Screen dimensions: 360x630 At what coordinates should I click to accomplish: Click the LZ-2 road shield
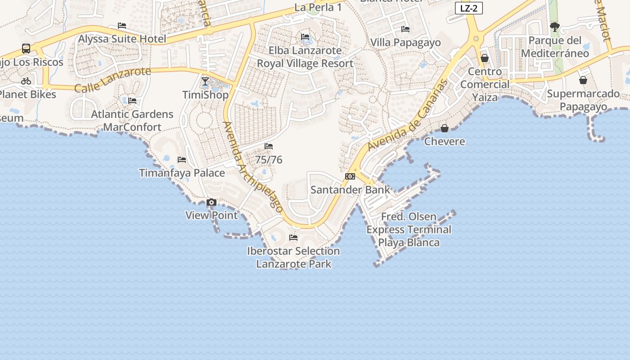pyautogui.click(x=468, y=8)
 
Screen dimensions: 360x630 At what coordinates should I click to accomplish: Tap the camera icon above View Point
pyautogui.click(x=211, y=202)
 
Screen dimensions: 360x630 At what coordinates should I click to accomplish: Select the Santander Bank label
pyautogui.click(x=351, y=189)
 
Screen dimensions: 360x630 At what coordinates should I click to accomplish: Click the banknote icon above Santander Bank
pyautogui.click(x=350, y=176)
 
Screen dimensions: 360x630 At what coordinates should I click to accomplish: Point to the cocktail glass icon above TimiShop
pyautogui.click(x=205, y=81)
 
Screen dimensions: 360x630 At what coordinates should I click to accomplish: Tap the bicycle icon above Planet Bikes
pyautogui.click(x=26, y=81)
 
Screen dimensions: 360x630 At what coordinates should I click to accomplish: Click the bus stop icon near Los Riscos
pyautogui.click(x=26, y=48)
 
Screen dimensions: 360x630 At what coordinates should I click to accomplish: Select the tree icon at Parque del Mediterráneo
pyautogui.click(x=555, y=27)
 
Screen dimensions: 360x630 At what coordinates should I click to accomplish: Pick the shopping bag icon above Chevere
pyautogui.click(x=445, y=128)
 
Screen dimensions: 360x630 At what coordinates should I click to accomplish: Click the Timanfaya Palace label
pyautogui.click(x=182, y=173)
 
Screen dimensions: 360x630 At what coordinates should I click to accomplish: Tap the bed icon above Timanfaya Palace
pyautogui.click(x=182, y=160)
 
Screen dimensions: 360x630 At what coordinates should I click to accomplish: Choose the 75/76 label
pyautogui.click(x=269, y=159)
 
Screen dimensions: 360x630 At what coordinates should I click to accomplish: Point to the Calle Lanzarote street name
pyautogui.click(x=112, y=80)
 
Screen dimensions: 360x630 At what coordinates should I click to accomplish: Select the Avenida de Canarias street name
pyautogui.click(x=408, y=115)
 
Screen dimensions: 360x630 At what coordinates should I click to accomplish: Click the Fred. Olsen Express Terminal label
pyautogui.click(x=409, y=229)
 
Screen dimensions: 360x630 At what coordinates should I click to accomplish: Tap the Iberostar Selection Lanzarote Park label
pyautogui.click(x=293, y=257)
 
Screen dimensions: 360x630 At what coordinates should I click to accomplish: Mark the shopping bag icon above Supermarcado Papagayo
pyautogui.click(x=583, y=81)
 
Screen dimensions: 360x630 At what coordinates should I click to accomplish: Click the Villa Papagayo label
pyautogui.click(x=405, y=42)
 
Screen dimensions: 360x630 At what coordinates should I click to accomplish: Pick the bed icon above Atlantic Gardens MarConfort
pyautogui.click(x=132, y=101)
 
